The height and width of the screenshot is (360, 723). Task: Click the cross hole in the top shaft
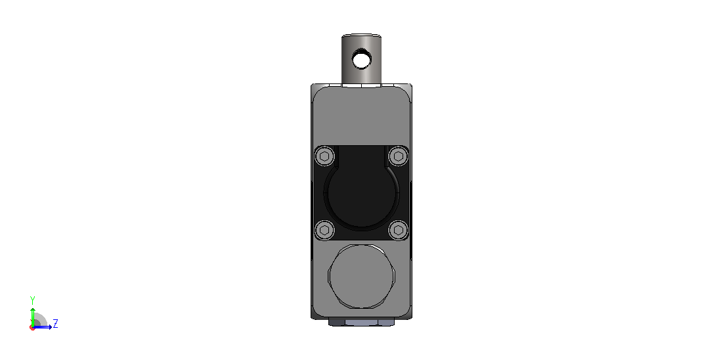pos(361,60)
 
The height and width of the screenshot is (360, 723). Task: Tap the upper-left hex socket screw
pos(324,156)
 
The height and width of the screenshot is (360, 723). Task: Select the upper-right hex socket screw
pos(398,156)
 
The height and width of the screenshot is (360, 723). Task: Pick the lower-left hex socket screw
pos(324,230)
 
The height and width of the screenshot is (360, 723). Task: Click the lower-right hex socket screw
pos(398,230)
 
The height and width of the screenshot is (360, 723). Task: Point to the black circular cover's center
pos(361,193)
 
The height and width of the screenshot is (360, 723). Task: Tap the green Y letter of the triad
pos(32,300)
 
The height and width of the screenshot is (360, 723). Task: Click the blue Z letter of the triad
pos(55,323)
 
